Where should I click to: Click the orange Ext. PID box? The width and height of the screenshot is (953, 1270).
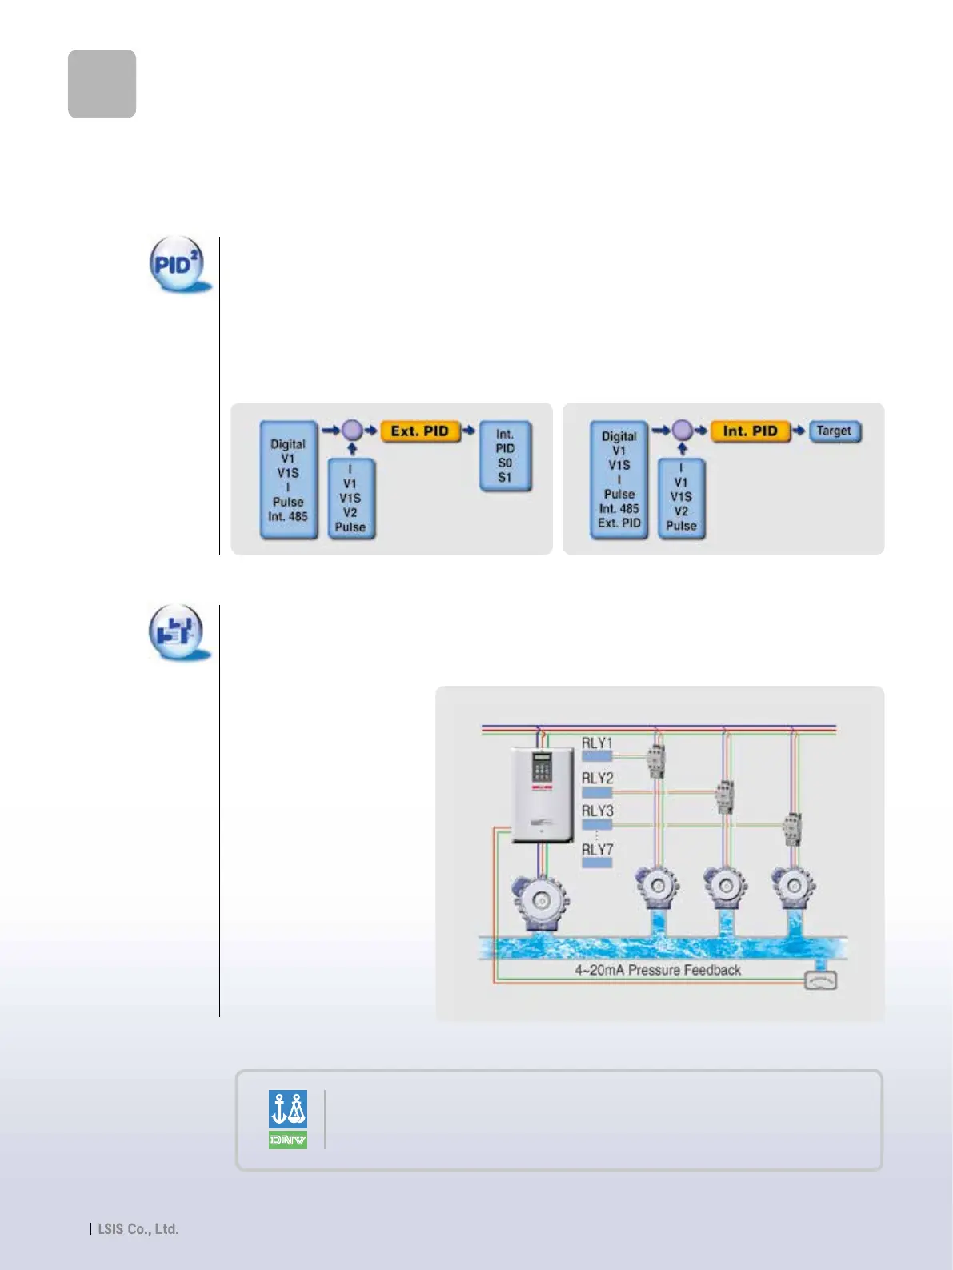click(420, 431)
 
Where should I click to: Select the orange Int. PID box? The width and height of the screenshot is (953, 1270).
click(750, 431)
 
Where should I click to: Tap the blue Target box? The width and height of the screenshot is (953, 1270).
click(834, 431)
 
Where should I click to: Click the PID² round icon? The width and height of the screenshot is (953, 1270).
click(177, 263)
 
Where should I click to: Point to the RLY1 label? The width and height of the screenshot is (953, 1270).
click(597, 743)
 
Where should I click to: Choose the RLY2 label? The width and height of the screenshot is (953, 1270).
click(597, 778)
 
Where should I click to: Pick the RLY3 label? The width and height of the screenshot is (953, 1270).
click(597, 811)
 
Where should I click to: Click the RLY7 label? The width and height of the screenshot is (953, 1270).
click(597, 850)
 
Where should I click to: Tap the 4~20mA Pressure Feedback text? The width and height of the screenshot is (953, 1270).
click(657, 970)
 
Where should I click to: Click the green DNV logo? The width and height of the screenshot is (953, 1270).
click(288, 1140)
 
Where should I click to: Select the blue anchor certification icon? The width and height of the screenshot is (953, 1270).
click(288, 1109)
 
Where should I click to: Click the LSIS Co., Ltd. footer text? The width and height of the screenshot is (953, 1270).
click(138, 1229)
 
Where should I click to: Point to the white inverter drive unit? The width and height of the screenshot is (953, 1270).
click(542, 794)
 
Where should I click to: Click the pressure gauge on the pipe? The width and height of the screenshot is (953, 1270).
click(820, 979)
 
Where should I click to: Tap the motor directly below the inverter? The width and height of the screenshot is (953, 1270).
click(541, 902)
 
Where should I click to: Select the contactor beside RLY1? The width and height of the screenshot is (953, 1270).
click(655, 760)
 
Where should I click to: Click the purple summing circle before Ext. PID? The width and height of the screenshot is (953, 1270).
click(352, 431)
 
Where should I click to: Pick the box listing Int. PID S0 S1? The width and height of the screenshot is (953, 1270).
click(505, 456)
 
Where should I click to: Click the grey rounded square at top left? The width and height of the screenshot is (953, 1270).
click(102, 84)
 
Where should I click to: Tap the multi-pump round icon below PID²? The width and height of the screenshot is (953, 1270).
click(177, 631)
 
